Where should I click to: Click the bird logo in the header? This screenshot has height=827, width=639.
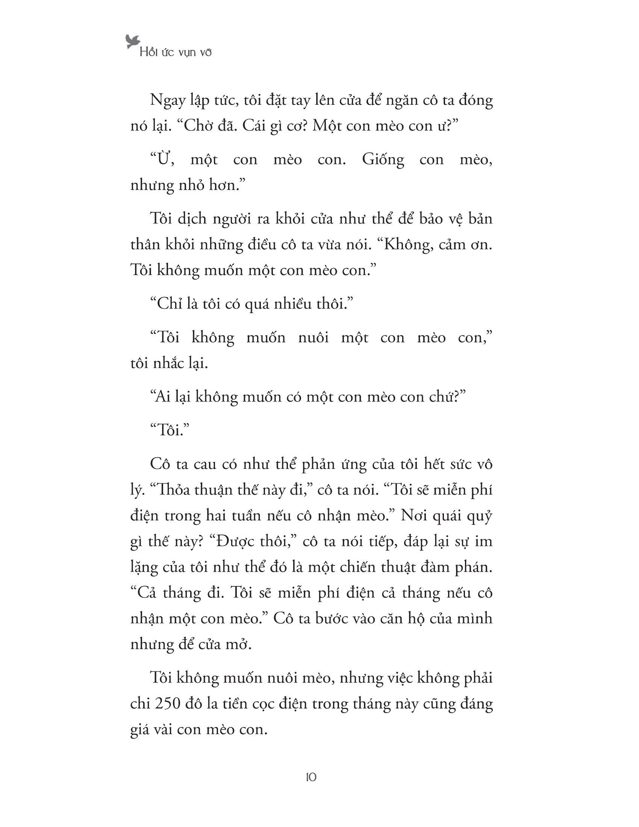[x=133, y=41]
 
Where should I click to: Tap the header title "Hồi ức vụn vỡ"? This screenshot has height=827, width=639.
[x=175, y=52]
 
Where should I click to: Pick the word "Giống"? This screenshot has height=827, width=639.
[x=383, y=160]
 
